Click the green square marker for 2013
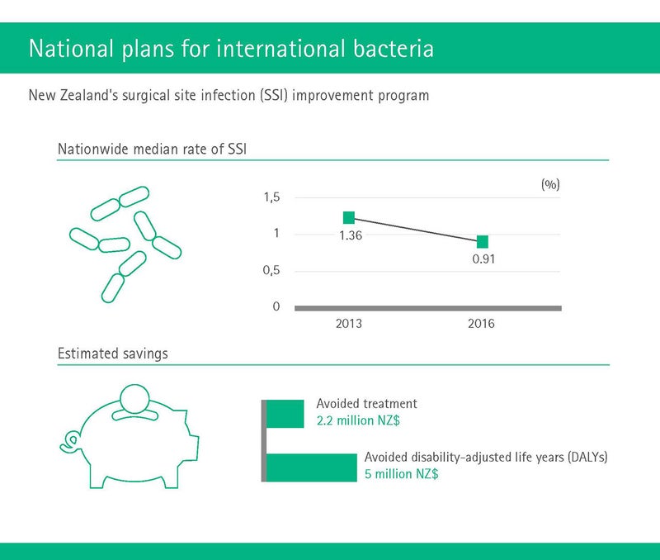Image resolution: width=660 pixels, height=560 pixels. click(349, 217)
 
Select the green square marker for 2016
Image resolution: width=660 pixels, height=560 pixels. click(483, 242)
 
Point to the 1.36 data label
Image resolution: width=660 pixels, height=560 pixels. click(351, 235)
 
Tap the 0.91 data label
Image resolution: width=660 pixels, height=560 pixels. click(483, 259)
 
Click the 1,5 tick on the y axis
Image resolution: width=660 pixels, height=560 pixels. click(271, 197)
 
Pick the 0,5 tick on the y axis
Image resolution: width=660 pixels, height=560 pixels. click(271, 270)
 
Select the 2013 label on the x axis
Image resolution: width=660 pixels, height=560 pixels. click(348, 324)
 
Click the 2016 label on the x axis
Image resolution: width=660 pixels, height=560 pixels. click(481, 324)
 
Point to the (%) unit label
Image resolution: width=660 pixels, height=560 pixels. click(550, 184)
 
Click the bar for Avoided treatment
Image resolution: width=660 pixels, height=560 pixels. click(285, 414)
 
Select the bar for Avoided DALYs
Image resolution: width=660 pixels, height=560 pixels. click(312, 467)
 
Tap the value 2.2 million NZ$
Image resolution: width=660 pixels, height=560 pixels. click(358, 420)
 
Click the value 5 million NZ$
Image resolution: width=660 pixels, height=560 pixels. click(401, 474)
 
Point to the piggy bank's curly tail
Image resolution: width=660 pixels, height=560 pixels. click(69, 441)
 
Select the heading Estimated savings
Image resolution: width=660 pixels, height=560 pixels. click(112, 354)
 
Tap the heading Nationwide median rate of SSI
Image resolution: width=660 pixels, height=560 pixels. click(152, 149)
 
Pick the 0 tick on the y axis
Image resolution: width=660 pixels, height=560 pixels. click(276, 306)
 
